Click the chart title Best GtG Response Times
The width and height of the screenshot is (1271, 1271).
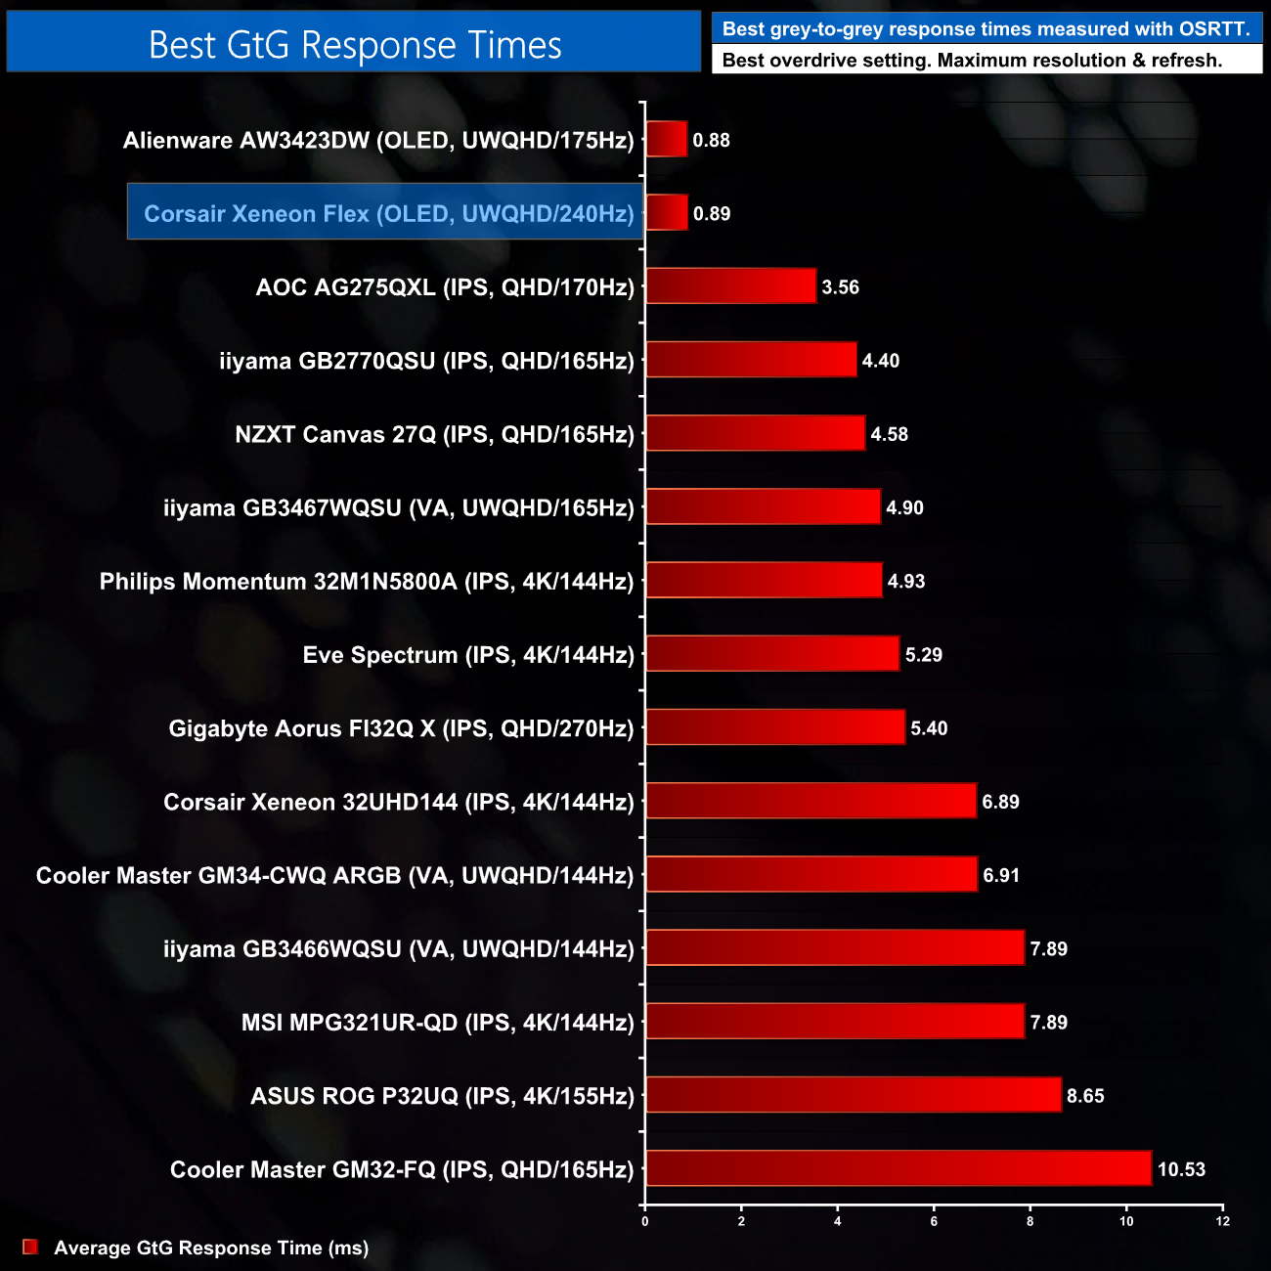click(x=355, y=45)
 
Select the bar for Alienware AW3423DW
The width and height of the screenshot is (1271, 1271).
click(x=666, y=140)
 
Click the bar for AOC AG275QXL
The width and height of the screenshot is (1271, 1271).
click(x=730, y=286)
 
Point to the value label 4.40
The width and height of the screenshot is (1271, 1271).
click(x=881, y=361)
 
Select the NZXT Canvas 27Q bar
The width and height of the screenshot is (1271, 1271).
click(x=755, y=434)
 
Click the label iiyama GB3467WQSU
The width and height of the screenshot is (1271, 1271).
click(x=399, y=507)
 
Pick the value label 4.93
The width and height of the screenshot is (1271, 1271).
click(x=906, y=582)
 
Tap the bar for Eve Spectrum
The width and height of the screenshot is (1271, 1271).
click(x=772, y=654)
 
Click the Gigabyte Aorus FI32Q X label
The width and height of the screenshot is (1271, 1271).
click(x=401, y=728)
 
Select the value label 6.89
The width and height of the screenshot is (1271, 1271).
click(x=1001, y=802)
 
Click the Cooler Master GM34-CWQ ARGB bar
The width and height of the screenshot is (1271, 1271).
click(x=811, y=875)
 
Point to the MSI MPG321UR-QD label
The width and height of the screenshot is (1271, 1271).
click(x=438, y=1023)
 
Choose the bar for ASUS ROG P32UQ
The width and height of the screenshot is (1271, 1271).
click(x=854, y=1095)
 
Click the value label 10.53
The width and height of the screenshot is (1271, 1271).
click(x=1181, y=1169)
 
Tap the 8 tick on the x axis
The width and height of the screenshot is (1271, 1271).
click(x=1030, y=1220)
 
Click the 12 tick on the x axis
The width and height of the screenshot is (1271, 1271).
click(x=1222, y=1220)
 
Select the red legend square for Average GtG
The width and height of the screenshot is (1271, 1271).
click(x=30, y=1247)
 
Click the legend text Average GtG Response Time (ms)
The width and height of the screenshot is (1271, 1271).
click(x=211, y=1248)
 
